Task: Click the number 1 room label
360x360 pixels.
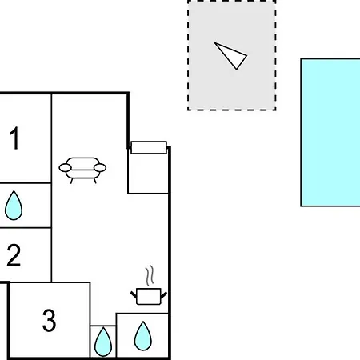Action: [14, 138]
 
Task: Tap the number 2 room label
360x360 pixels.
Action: [14, 255]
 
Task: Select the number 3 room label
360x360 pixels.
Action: [50, 320]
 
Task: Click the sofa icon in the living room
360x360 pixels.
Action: [82, 170]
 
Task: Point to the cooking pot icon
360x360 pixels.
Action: [149, 296]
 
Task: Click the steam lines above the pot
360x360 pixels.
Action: [150, 275]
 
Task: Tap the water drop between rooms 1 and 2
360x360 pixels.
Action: [14, 205]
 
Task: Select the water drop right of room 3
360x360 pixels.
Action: [103, 342]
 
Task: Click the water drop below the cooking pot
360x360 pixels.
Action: [143, 336]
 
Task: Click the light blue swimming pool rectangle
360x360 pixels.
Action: [330, 133]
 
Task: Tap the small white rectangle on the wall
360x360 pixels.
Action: [149, 148]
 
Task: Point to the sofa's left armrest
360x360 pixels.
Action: [65, 168]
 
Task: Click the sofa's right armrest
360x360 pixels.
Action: [100, 168]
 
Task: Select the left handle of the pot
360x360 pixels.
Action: [134, 294]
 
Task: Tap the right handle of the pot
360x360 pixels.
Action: [164, 295]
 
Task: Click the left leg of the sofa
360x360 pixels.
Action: [71, 181]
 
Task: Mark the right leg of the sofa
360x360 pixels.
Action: [94, 181]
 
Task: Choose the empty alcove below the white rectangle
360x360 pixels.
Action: [148, 174]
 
